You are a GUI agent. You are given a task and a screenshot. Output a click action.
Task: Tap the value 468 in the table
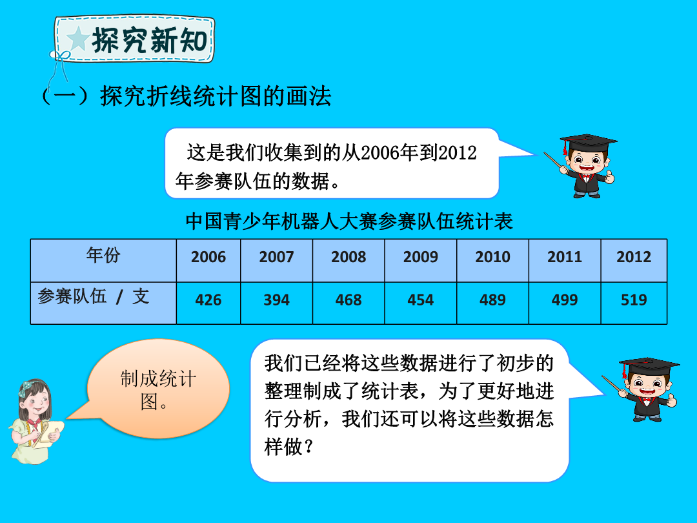348,300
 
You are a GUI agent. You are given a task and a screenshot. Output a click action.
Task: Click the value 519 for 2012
634,300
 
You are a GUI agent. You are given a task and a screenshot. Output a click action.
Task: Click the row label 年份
103,255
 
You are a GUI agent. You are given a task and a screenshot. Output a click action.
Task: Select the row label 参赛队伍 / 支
94,296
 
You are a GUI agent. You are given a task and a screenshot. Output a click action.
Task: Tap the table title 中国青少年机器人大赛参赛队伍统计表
349,221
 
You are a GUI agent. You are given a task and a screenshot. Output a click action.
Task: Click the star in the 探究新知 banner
78,39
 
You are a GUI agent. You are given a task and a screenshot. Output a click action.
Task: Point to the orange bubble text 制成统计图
157,390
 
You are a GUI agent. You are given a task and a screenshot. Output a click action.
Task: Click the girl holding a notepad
35,421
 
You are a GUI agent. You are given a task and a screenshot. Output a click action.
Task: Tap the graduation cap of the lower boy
649,367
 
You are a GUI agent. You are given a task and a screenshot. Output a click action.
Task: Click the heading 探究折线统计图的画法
216,96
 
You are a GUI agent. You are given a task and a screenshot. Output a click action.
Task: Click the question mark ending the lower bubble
308,447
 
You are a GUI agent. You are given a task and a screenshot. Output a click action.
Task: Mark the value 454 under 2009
421,300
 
